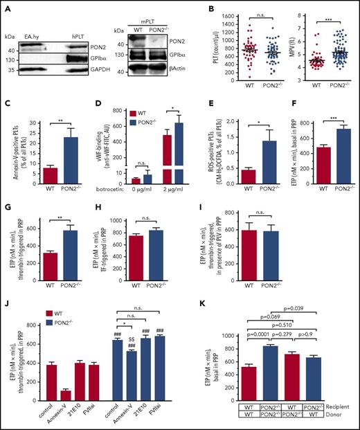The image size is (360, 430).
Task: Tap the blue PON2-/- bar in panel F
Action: point(334,159)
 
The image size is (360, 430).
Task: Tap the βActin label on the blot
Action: point(195,71)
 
